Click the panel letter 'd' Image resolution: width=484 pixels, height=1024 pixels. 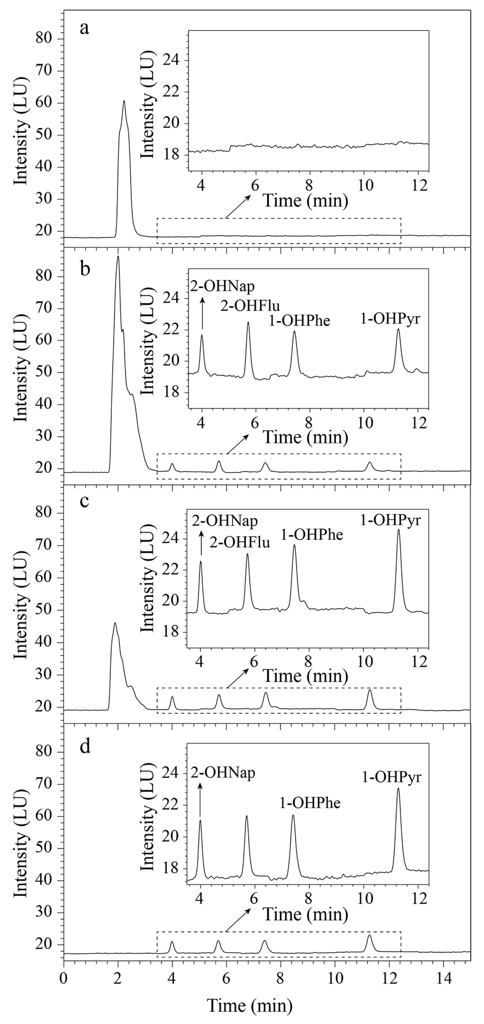point(85,747)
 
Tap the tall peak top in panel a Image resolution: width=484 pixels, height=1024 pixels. point(124,101)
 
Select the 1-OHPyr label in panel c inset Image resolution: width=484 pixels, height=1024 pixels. point(390,520)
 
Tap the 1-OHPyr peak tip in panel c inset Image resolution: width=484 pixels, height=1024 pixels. point(398,530)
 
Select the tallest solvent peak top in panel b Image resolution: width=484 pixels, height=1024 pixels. point(118,257)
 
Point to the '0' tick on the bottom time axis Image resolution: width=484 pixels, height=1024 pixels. point(64,978)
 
